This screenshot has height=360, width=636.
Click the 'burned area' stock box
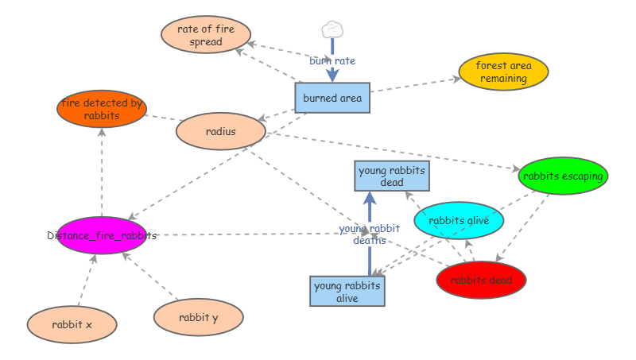pyautogui.click(x=332, y=98)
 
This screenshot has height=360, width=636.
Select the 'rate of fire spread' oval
pyautogui.click(x=206, y=35)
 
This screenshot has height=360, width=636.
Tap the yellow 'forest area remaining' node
pyautogui.click(x=503, y=72)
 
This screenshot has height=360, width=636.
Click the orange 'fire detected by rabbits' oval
pyautogui.click(x=102, y=109)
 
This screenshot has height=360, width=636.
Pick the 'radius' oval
pyautogui.click(x=220, y=132)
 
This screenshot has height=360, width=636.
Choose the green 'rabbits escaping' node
pyautogui.click(x=563, y=176)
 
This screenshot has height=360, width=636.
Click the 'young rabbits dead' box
pyautogui.click(x=392, y=176)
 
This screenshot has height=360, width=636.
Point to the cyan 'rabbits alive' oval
pyautogui.click(x=459, y=220)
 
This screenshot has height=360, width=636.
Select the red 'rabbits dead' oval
pyautogui.click(x=481, y=280)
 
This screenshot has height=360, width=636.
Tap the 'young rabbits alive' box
pyautogui.click(x=347, y=291)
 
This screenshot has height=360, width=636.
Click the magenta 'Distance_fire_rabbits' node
pyautogui.click(x=102, y=235)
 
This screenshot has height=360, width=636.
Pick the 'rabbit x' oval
pyautogui.click(x=72, y=324)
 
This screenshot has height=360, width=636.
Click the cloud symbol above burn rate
pyautogui.click(x=332, y=29)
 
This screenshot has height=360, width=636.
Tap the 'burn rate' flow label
pyautogui.click(x=332, y=60)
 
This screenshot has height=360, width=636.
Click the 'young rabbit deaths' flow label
pyautogui.click(x=370, y=234)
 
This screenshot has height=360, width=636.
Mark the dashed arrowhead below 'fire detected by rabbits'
pyautogui.click(x=102, y=132)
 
